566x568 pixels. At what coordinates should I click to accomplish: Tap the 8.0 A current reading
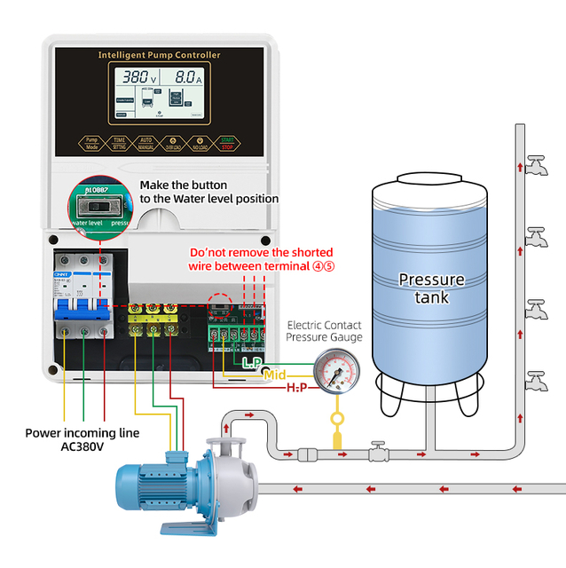click(x=188, y=77)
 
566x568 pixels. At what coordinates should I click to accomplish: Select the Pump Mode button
click(x=91, y=142)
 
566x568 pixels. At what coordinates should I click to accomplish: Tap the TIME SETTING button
click(x=119, y=142)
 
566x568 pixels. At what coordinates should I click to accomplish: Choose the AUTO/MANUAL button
click(x=146, y=142)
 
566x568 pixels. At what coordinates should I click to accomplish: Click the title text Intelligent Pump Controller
click(x=159, y=55)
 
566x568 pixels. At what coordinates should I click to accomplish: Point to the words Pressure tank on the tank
click(x=431, y=288)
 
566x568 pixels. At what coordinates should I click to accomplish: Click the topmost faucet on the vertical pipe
click(x=534, y=166)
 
